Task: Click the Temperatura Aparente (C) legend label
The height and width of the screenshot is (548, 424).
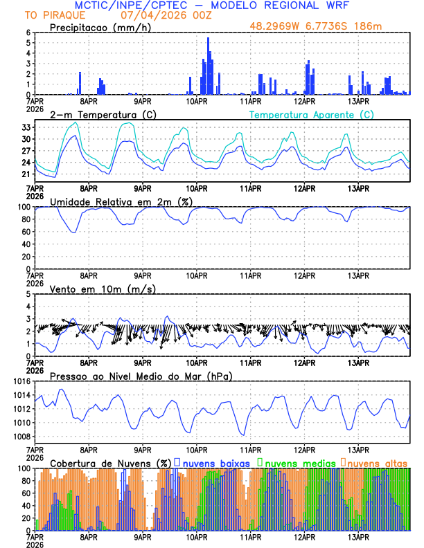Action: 311,114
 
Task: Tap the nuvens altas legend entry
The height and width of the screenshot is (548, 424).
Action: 378,462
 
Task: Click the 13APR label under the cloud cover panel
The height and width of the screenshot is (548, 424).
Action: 358,536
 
